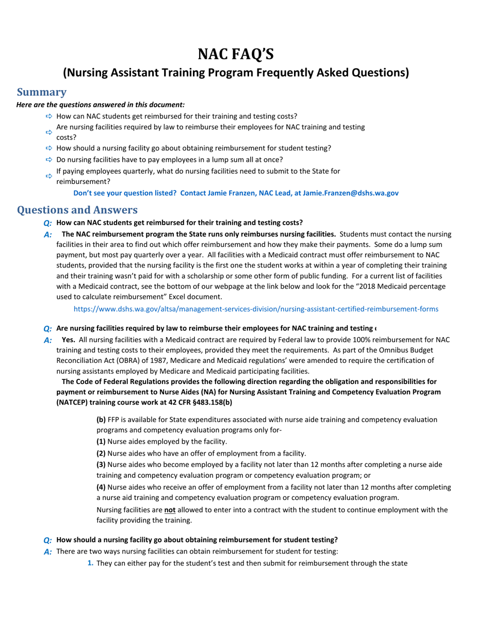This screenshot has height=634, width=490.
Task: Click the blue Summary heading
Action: (42, 92)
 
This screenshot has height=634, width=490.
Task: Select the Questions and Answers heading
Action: (77, 210)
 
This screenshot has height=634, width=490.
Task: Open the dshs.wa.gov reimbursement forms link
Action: (256, 309)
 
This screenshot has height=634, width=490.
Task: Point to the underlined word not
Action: (169, 510)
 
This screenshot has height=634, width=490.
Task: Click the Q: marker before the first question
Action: (47, 223)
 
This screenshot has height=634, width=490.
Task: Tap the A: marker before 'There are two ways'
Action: (47, 552)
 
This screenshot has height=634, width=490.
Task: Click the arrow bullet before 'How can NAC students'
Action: (49, 116)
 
